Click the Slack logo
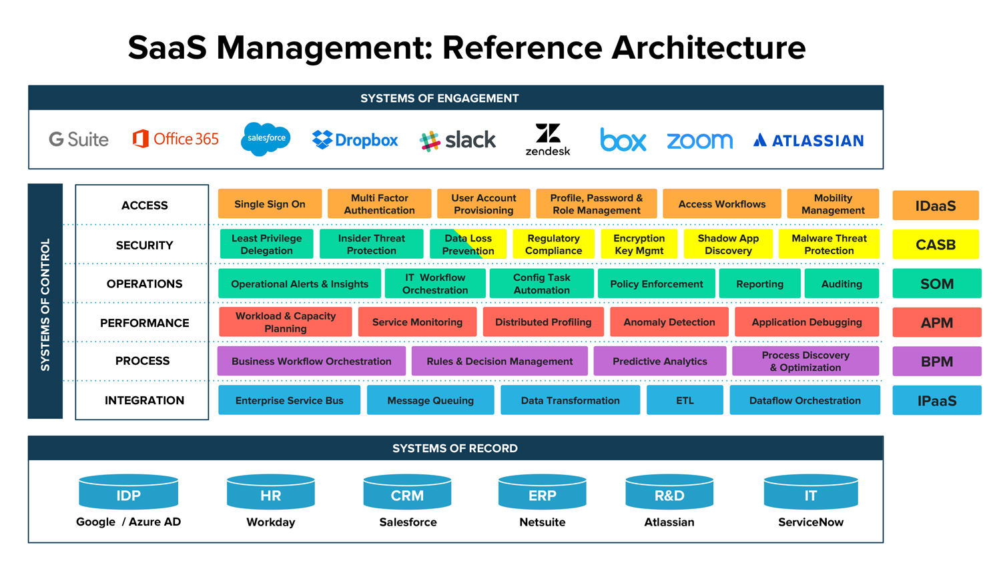(458, 140)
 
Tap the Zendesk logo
(548, 139)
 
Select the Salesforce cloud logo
(266, 139)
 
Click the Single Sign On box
(270, 204)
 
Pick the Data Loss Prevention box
(468, 244)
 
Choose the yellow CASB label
(936, 245)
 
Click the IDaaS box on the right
(936, 205)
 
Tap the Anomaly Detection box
(669, 322)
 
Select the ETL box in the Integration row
(685, 400)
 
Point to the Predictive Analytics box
(659, 361)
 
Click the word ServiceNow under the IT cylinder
(810, 522)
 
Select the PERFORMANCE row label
(144, 323)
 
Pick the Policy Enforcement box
(656, 283)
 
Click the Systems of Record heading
(455, 448)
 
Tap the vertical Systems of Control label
(45, 304)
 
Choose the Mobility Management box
(833, 204)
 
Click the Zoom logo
(699, 141)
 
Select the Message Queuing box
(430, 400)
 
